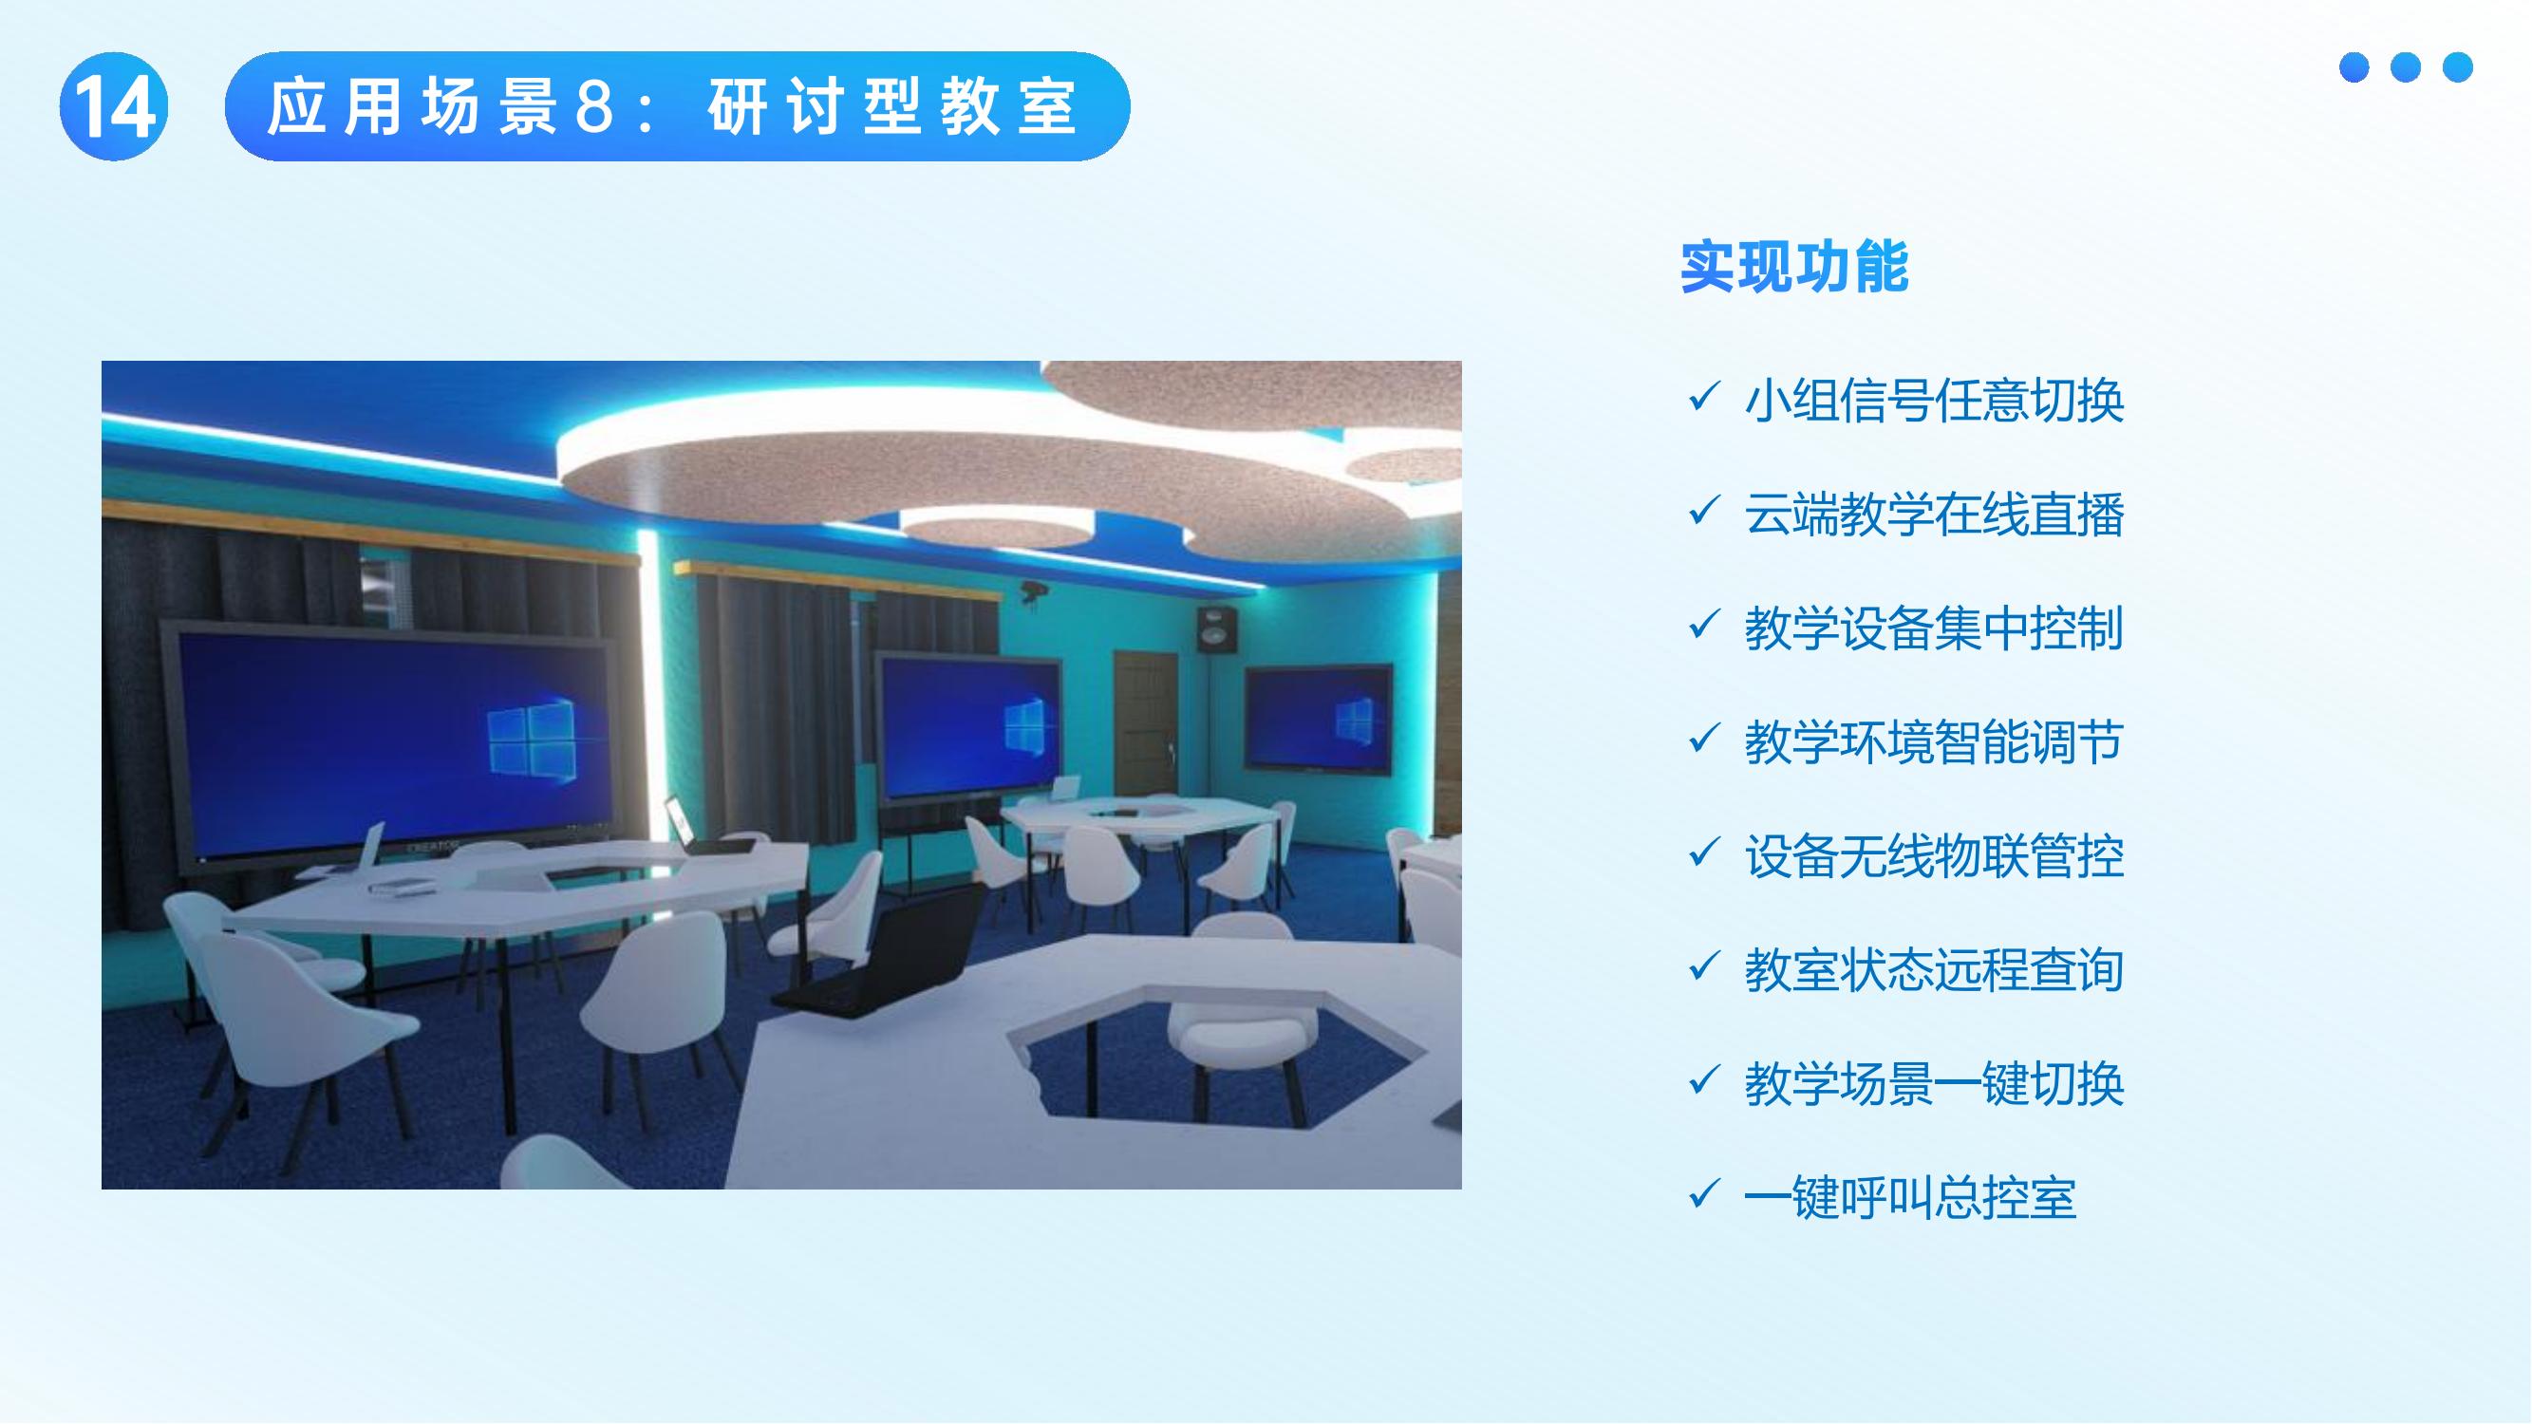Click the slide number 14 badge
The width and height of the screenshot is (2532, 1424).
pos(114,106)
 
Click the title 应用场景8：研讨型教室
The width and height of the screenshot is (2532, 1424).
pos(676,106)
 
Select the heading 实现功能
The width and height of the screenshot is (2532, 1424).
pos(1793,267)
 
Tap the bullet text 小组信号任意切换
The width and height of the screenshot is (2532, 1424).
pos(1933,400)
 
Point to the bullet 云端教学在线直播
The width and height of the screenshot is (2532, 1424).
pos(1933,514)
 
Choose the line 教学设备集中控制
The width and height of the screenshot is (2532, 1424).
pos(1933,628)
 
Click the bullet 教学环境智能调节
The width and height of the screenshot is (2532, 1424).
pos(1933,742)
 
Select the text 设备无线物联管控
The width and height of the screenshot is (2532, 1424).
pos(1933,856)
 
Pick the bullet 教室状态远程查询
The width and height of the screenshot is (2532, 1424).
pos(1933,970)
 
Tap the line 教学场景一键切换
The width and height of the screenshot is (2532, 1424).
pos(1933,1084)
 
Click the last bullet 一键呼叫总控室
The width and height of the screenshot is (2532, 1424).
pos(1909,1198)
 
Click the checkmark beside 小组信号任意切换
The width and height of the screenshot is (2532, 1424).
pos(1702,397)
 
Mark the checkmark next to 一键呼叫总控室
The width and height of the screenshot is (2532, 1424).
pos(1702,1194)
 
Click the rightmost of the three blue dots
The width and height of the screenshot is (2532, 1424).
pos(2457,67)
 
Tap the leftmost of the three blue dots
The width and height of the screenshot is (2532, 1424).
pos(2354,67)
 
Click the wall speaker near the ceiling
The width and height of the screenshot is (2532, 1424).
pos(1216,630)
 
